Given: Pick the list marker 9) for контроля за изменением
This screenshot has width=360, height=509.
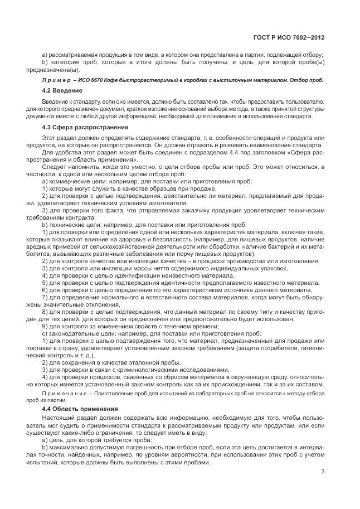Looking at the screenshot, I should (45, 326).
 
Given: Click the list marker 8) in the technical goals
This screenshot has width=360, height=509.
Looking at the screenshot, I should (45, 312).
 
